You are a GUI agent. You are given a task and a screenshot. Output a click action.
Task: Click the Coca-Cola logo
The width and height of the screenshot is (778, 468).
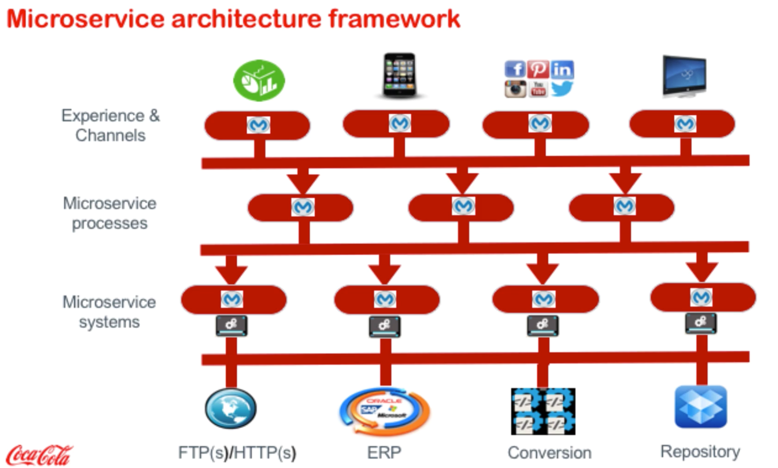tap(39, 455)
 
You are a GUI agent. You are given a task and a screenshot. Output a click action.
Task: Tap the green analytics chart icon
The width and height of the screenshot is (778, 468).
tap(259, 80)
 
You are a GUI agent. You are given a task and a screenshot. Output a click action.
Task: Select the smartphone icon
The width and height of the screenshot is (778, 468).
tap(399, 75)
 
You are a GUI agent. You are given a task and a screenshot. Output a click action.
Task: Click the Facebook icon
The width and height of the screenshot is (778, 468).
tap(515, 69)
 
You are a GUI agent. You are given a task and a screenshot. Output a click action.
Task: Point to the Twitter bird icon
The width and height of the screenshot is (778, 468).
tap(562, 89)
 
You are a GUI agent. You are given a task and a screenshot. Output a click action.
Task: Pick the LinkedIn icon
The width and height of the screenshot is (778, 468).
tap(562, 69)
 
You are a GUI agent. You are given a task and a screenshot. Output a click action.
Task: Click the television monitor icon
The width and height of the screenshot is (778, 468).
tap(685, 76)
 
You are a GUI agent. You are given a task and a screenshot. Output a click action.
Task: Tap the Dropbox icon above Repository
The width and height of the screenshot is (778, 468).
tap(701, 407)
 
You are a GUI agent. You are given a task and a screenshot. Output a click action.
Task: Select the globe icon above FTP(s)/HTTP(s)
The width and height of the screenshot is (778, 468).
tap(230, 408)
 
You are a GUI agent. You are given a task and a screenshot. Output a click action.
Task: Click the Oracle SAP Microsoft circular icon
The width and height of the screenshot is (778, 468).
tap(384, 411)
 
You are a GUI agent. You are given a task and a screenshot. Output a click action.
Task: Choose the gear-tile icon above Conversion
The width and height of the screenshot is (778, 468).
tap(543, 411)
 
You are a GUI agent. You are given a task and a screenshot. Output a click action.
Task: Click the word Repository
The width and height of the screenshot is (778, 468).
tap(700, 451)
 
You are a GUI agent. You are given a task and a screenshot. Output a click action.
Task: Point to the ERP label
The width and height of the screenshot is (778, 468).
tap(384, 452)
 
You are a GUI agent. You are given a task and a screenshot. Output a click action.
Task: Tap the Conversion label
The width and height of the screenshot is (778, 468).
tap(549, 452)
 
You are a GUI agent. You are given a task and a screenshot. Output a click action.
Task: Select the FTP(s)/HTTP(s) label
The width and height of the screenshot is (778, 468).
tap(237, 452)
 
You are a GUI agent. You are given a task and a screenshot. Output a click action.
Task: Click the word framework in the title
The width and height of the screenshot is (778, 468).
tap(394, 19)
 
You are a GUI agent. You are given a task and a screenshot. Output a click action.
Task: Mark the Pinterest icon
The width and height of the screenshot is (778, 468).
tap(538, 69)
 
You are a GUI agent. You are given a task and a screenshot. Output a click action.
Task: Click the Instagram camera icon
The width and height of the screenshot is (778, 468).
tap(515, 89)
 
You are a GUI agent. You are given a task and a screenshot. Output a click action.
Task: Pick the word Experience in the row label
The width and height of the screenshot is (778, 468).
tap(103, 116)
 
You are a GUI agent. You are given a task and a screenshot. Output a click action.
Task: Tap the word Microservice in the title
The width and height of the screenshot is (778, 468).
tap(86, 19)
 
